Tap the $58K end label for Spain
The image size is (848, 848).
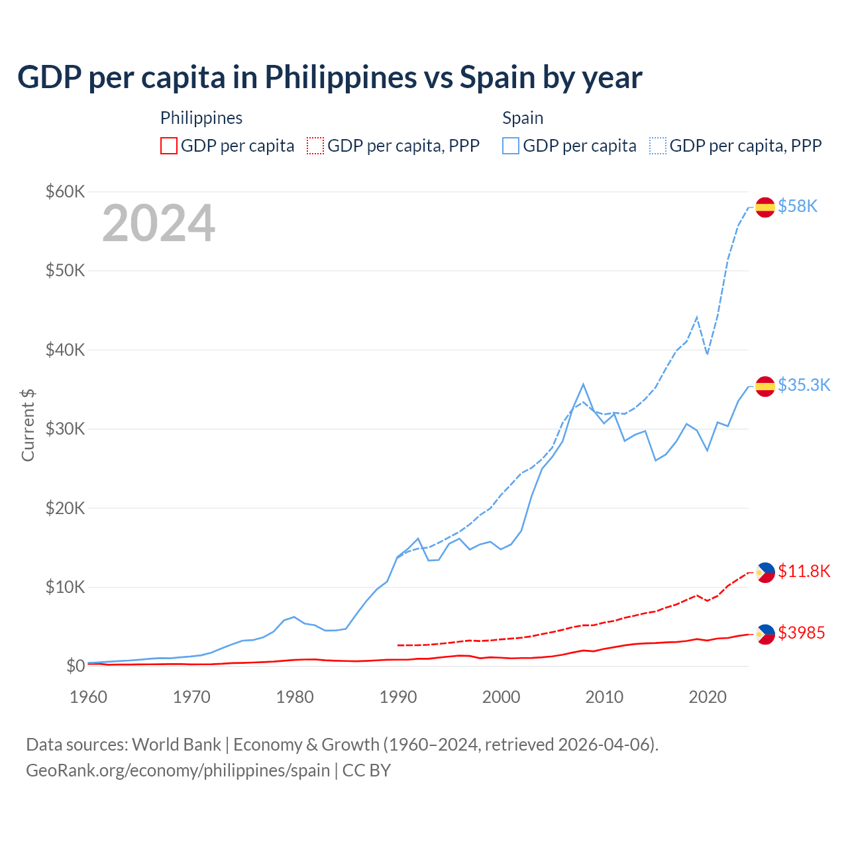click(x=798, y=207)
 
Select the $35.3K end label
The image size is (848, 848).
click(x=804, y=386)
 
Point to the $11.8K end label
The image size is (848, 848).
click(x=804, y=572)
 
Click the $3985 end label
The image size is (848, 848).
click(x=801, y=633)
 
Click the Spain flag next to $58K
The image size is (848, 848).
click(x=765, y=207)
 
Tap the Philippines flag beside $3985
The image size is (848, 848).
click(x=765, y=634)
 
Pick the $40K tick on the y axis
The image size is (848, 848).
click(x=65, y=350)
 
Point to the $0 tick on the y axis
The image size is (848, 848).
click(x=75, y=666)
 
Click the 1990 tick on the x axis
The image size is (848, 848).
click(x=398, y=697)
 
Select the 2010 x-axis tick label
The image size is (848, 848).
click(x=604, y=697)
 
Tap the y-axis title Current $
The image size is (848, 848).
click(x=28, y=425)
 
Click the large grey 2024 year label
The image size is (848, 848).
click(x=158, y=223)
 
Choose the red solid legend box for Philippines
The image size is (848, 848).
click(x=169, y=146)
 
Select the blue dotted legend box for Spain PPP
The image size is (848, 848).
click(x=658, y=146)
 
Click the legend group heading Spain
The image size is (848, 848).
click(x=523, y=118)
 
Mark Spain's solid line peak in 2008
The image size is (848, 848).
click(x=583, y=384)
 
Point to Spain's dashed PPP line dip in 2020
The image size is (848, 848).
click(x=707, y=354)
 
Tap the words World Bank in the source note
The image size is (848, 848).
click(x=176, y=745)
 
